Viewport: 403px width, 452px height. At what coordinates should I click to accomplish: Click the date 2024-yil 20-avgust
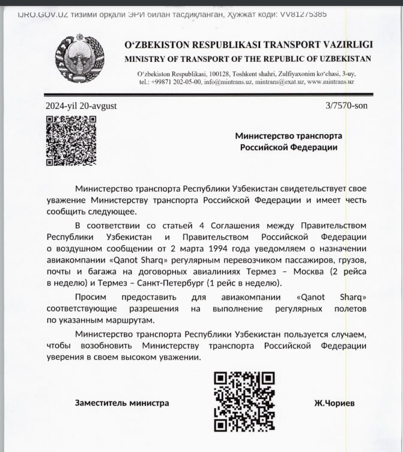click(x=81, y=106)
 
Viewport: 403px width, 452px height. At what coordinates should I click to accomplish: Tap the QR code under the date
click(x=71, y=141)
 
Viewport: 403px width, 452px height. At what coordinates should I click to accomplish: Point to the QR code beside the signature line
click(x=244, y=401)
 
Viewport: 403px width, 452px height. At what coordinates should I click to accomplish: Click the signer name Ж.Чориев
click(x=334, y=403)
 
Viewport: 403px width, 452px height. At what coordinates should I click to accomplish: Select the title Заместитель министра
click(x=122, y=403)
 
